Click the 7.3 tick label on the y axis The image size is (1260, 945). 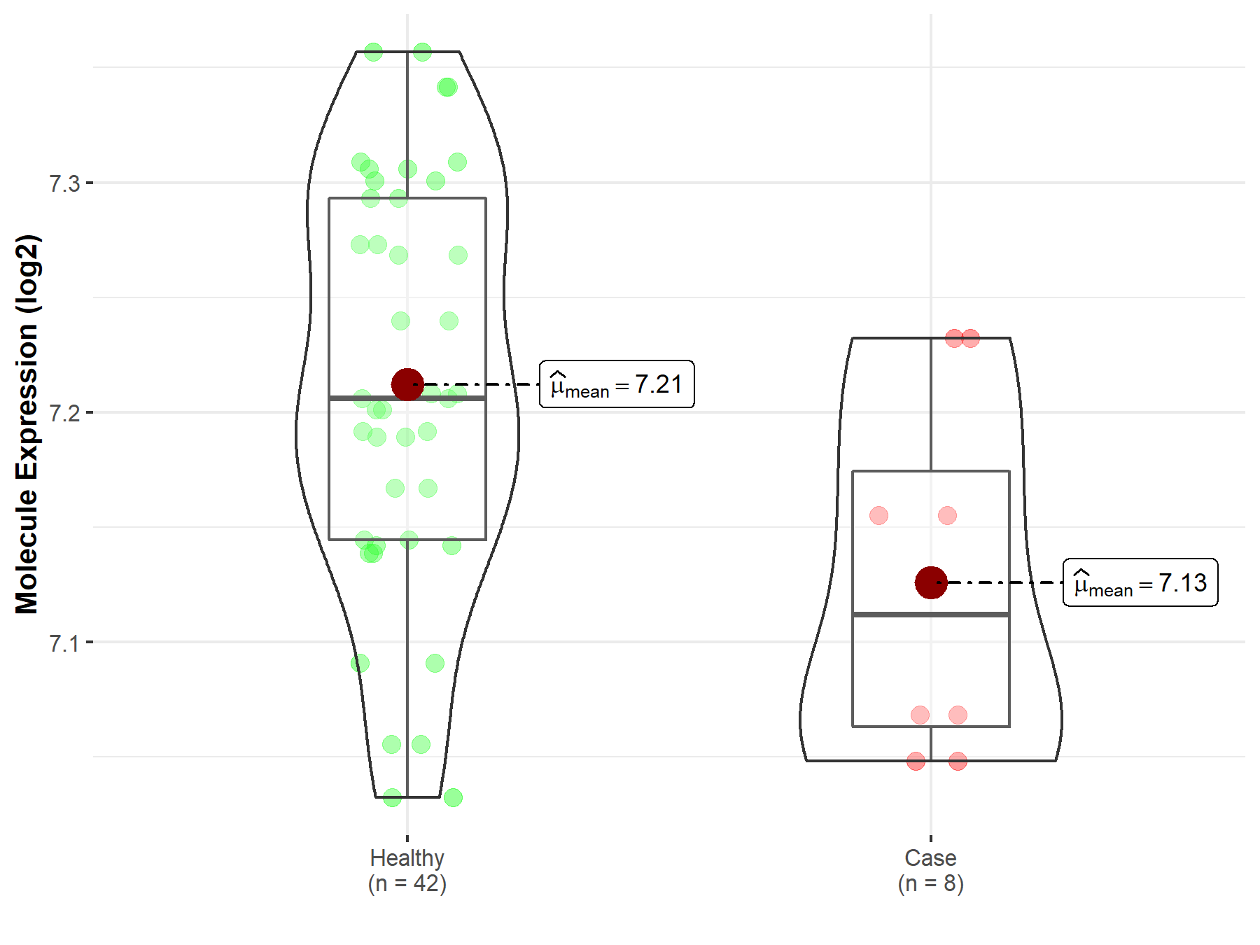[x=64, y=183]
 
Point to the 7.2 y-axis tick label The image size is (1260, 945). [x=64, y=413]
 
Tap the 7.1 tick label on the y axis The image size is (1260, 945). [x=64, y=643]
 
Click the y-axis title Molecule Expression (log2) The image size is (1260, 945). [x=27, y=424]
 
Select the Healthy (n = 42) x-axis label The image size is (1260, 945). [x=407, y=870]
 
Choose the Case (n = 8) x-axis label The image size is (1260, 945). [x=931, y=870]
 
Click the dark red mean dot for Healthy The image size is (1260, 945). [x=407, y=384]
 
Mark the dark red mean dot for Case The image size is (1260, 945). [x=931, y=582]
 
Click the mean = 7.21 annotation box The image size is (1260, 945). [x=617, y=384]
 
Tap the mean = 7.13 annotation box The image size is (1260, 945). [x=1140, y=582]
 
